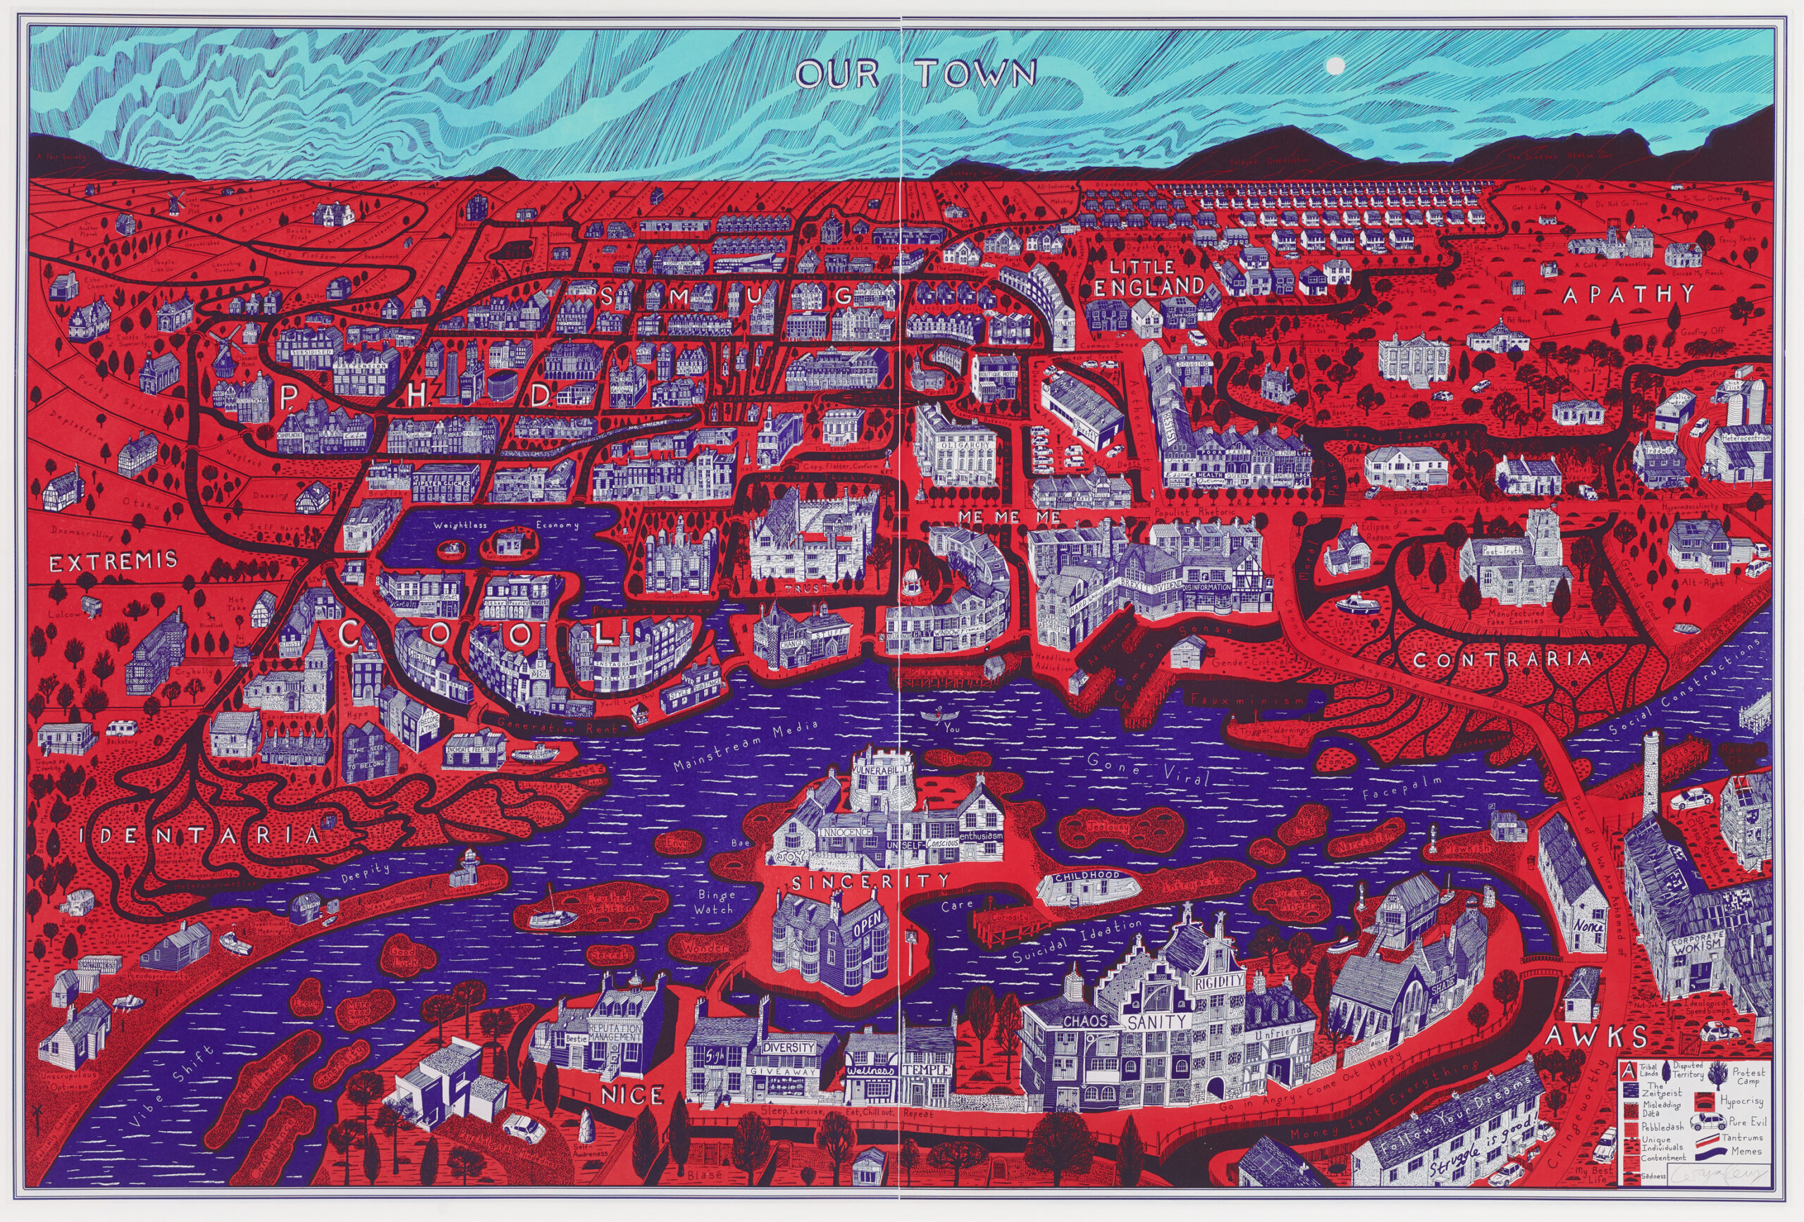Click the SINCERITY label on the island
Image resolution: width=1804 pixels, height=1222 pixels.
tap(870, 881)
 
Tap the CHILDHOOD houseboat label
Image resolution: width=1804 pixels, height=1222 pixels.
tap(1093, 874)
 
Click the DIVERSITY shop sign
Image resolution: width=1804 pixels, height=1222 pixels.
tap(789, 1047)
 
